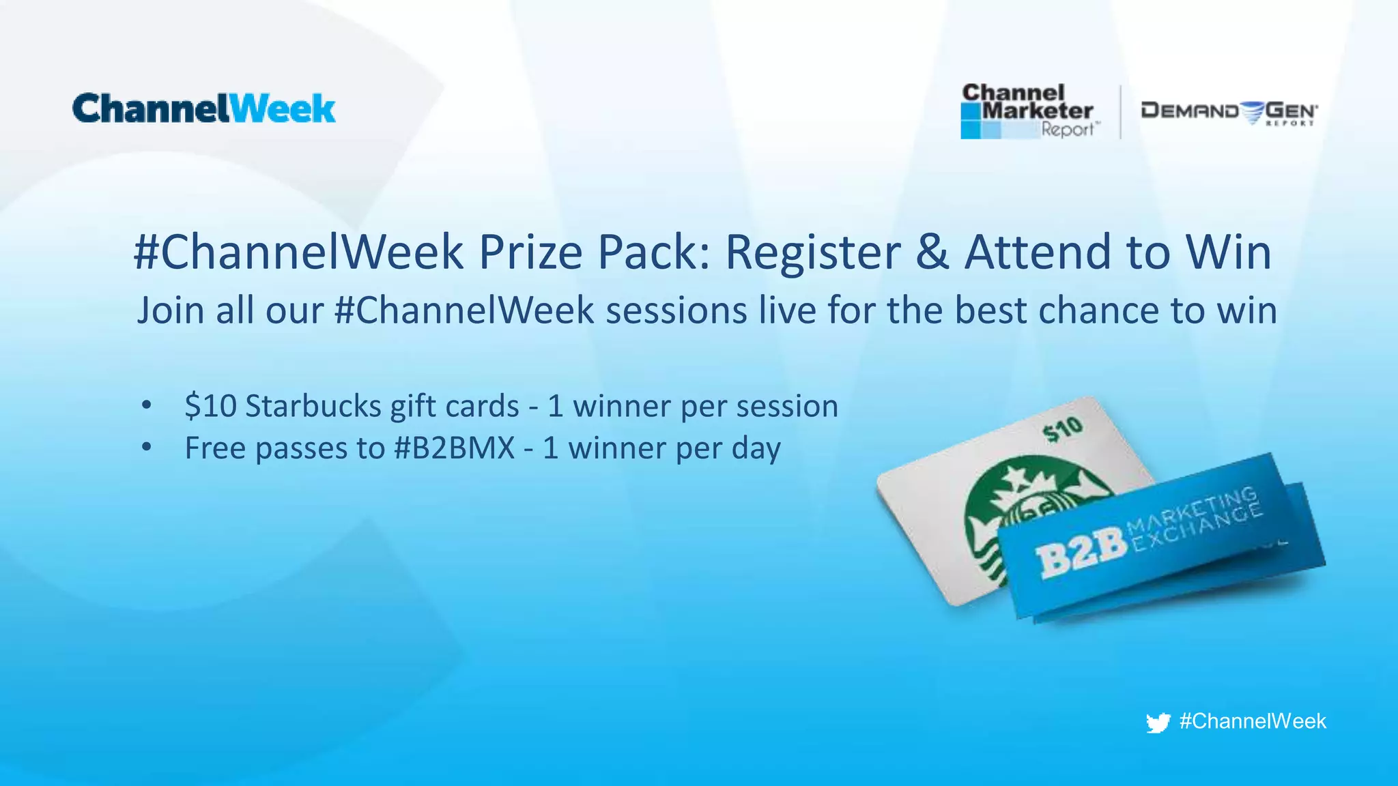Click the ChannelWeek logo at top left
pyautogui.click(x=203, y=109)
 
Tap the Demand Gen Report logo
pyautogui.click(x=1229, y=113)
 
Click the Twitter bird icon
pyautogui.click(x=1158, y=723)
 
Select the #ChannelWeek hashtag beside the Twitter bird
pyautogui.click(x=1253, y=721)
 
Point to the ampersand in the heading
pyautogui.click(x=932, y=252)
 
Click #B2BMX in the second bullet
pyautogui.click(x=455, y=448)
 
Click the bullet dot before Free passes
pyautogui.click(x=146, y=448)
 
